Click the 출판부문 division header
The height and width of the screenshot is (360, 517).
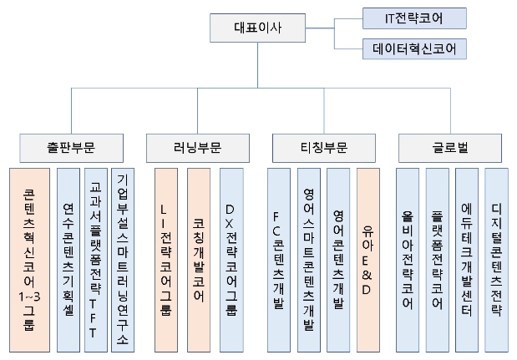tap(70, 148)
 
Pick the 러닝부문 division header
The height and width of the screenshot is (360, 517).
tap(196, 148)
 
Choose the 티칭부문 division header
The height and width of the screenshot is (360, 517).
tap(322, 148)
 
